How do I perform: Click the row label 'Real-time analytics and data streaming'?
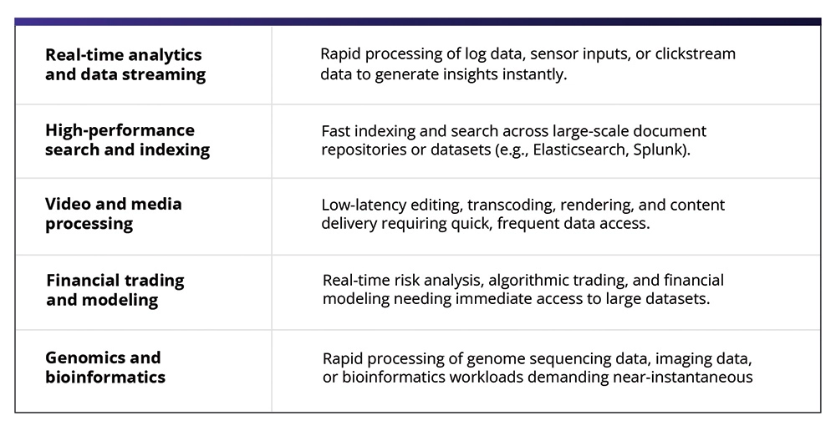click(125, 64)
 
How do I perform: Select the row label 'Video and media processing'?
click(113, 213)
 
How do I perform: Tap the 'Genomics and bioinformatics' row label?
click(105, 367)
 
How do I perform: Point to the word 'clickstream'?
click(696, 53)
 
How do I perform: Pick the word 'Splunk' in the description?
click(659, 150)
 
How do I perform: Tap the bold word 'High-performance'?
click(120, 131)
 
